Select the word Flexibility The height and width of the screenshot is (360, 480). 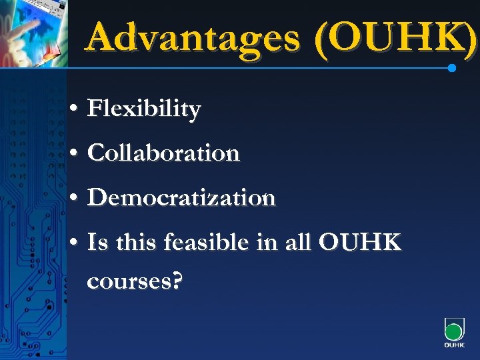point(143,109)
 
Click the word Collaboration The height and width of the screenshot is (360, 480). point(163,153)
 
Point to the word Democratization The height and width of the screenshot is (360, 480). point(181,198)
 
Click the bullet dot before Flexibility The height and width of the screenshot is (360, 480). point(74,109)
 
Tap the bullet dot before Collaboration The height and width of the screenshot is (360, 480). point(74,154)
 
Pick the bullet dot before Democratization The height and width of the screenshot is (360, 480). point(74,199)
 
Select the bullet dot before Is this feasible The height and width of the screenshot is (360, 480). point(74,243)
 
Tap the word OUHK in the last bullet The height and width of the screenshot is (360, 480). point(360,243)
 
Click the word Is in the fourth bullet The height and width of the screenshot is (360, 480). point(97,243)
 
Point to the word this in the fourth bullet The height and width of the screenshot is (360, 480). point(134,243)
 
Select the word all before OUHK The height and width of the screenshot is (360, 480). point(299,243)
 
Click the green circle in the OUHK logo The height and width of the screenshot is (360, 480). point(453,331)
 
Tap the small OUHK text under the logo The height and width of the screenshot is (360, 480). point(454,346)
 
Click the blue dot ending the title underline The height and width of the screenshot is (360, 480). point(452,68)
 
